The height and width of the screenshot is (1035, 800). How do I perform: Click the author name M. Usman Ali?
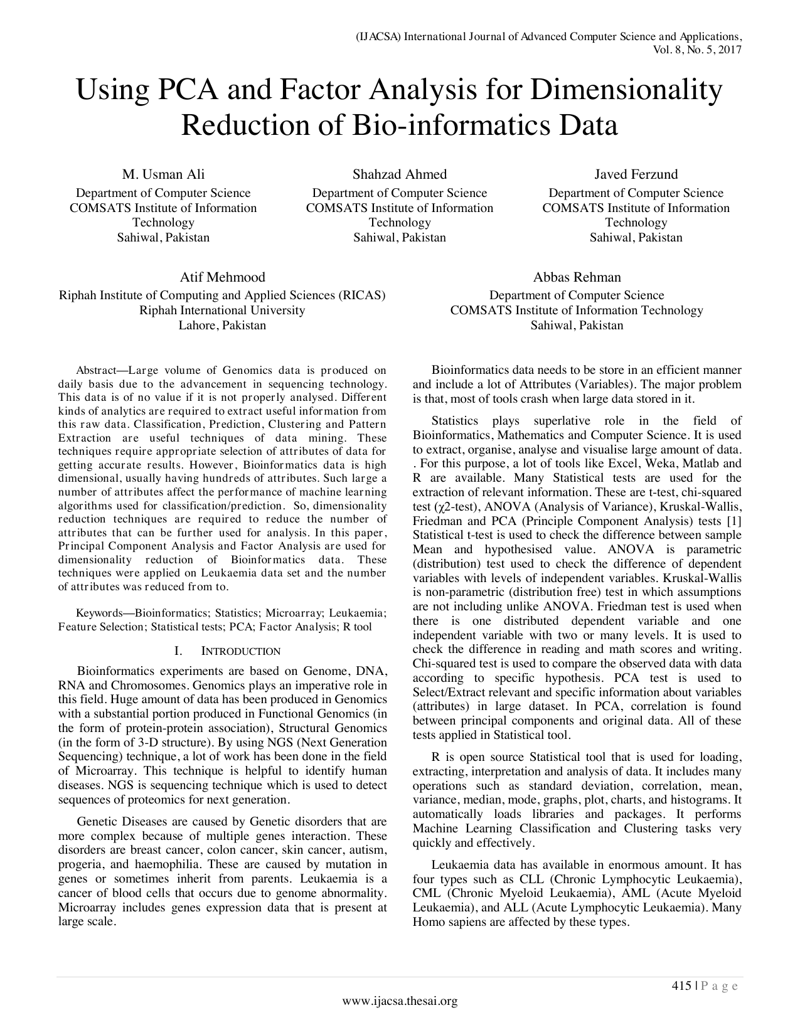coord(163,174)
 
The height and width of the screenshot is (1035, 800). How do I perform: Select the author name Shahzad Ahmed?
coord(400,174)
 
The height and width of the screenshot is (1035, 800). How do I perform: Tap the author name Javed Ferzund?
coord(636,174)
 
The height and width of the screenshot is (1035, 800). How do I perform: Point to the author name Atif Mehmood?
coord(222,277)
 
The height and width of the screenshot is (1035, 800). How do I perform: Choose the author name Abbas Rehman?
coord(577,277)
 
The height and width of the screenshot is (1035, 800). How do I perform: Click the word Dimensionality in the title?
coord(626,90)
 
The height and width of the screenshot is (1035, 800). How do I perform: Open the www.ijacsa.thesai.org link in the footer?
coord(400,1001)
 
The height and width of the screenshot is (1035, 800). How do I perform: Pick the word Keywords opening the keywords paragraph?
coord(99,613)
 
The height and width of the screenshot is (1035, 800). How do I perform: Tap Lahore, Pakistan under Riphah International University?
coord(222,325)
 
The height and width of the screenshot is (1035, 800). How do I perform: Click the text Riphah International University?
coord(222,310)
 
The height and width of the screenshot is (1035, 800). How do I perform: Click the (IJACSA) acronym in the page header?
coord(378,36)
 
